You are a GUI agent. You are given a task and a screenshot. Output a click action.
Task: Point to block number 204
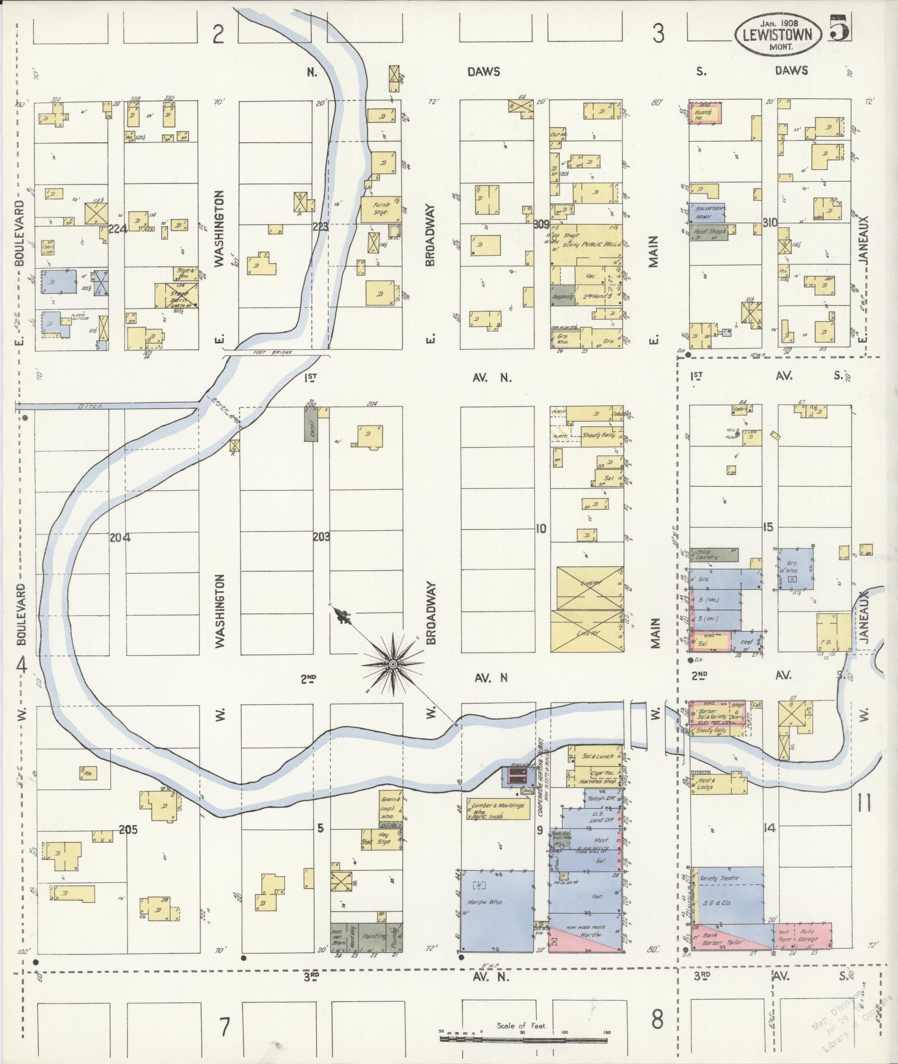click(120, 538)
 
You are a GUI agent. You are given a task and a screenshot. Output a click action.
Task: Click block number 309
click(541, 225)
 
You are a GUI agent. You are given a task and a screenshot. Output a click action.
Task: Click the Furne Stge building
click(381, 209)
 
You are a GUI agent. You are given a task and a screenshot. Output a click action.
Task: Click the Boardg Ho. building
click(705, 114)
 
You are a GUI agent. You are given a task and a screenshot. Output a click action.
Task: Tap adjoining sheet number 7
click(224, 1027)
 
